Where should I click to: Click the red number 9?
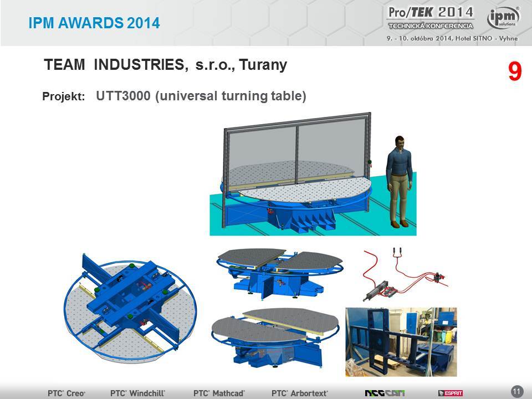[x=515, y=71]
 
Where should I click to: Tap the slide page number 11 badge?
[x=516, y=392]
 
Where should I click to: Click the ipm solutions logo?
[x=503, y=17]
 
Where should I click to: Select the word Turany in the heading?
[x=263, y=65]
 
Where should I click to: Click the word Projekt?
[x=63, y=96]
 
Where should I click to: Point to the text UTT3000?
[x=123, y=96]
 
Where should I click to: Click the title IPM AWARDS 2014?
[x=94, y=23]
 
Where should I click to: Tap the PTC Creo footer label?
[x=66, y=393]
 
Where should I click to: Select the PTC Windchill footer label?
[x=137, y=393]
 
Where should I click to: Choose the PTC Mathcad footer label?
[x=219, y=393]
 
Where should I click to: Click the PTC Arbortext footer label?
[x=300, y=393]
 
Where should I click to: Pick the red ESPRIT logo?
[x=450, y=393]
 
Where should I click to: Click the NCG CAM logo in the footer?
[x=385, y=393]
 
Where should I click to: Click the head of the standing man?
[x=400, y=142]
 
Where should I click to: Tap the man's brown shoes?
[x=400, y=224]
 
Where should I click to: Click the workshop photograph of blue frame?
[x=401, y=342]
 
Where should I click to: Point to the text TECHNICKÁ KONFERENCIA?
[x=431, y=26]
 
